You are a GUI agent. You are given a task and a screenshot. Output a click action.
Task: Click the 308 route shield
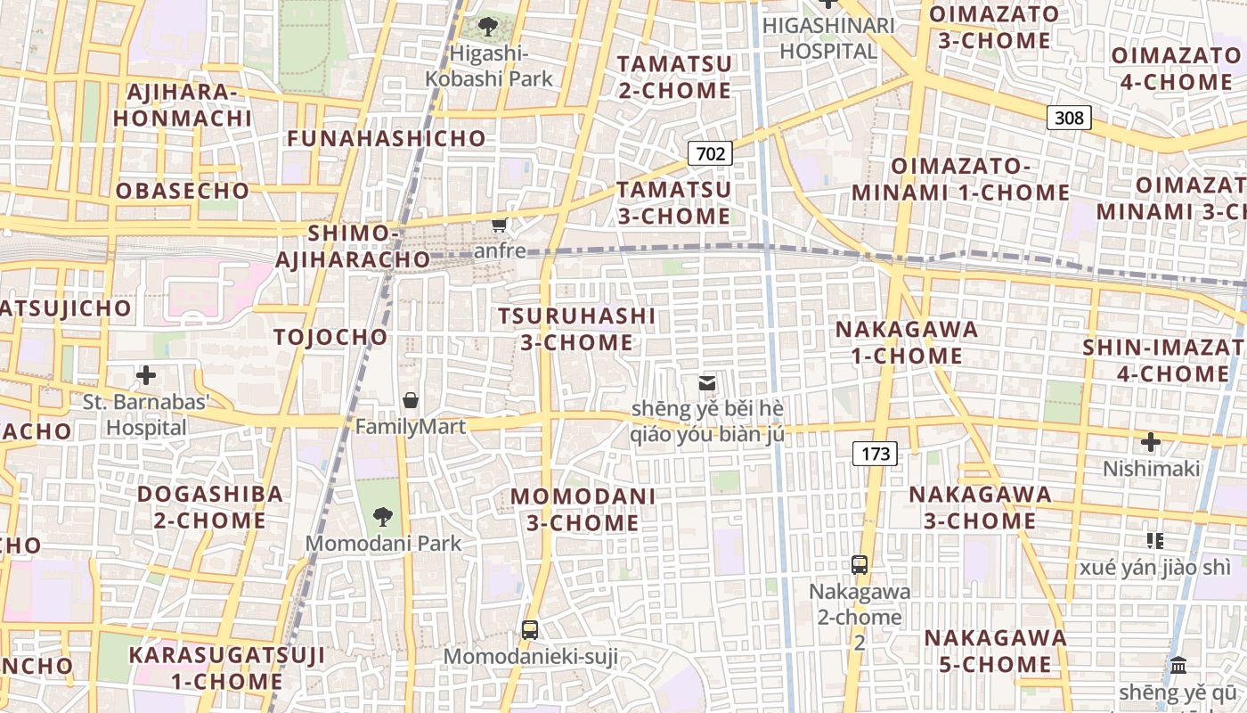tap(1069, 118)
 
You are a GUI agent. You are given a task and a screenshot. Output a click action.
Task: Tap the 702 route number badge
tap(710, 153)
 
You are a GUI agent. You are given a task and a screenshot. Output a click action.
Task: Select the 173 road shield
tap(876, 454)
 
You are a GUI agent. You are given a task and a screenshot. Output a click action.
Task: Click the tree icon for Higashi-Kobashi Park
tap(488, 26)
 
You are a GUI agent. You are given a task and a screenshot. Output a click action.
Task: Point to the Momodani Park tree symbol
tap(383, 515)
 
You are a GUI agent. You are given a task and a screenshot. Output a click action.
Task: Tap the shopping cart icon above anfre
tap(500, 225)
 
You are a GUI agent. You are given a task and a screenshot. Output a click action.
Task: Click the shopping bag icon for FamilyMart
tap(411, 400)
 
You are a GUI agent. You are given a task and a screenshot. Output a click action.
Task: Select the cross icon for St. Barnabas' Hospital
tap(146, 375)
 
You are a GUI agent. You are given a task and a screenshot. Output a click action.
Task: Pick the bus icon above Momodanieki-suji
tap(530, 630)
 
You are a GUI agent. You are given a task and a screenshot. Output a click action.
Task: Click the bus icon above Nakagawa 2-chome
tap(860, 564)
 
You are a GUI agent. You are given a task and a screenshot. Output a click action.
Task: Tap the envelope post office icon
tap(707, 383)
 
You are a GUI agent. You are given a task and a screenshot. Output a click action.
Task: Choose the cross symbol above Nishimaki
tap(1151, 441)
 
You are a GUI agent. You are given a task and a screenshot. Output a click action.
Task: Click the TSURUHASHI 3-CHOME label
tap(576, 329)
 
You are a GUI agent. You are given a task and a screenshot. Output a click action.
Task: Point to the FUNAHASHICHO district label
tap(387, 139)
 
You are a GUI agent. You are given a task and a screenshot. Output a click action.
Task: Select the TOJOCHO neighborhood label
tap(331, 337)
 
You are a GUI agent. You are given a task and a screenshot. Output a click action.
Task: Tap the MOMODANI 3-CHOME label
tap(583, 509)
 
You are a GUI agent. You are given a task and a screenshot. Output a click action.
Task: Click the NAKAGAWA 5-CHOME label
tap(995, 651)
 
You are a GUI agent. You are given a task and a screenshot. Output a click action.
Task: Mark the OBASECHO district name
tap(183, 191)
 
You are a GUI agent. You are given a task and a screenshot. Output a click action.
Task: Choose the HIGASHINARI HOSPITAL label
tap(828, 38)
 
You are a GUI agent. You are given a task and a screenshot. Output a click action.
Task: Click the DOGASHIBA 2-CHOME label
tap(209, 506)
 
